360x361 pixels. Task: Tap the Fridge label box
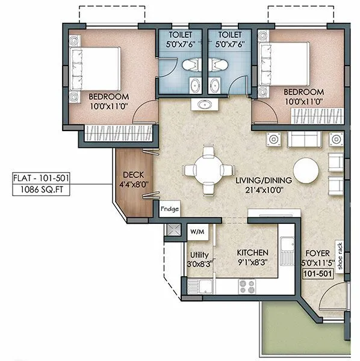[x=170, y=210]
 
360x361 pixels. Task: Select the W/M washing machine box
[x=197, y=230]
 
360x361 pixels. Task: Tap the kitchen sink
[x=287, y=248]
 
